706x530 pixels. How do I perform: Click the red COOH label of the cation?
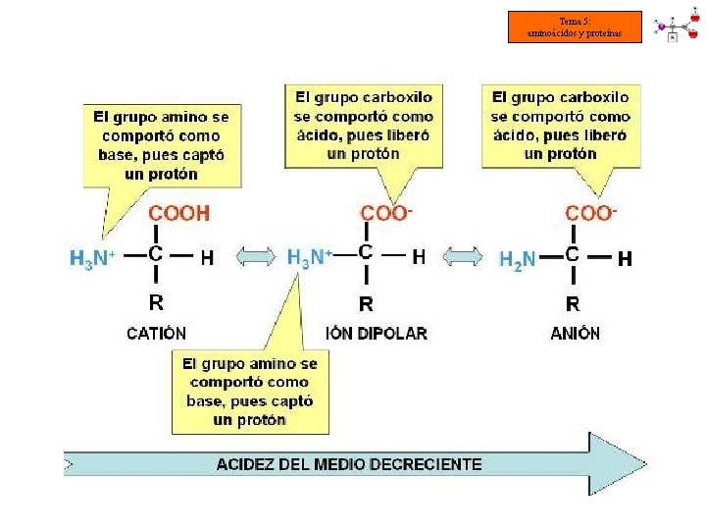tap(178, 213)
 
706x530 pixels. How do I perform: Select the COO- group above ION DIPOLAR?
tap(386, 213)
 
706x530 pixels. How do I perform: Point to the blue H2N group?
tap(518, 259)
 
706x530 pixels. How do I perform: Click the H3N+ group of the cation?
tap(93, 258)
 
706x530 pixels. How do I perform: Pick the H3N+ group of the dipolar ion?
tap(310, 258)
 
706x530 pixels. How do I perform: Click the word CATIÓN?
tap(157, 333)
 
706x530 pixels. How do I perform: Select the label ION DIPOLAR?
tap(377, 334)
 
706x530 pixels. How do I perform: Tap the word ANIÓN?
tap(575, 333)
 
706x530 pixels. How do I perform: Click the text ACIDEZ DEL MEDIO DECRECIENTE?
tap(349, 463)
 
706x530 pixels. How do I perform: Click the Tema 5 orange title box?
tap(575, 26)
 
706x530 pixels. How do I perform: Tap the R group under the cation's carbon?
tap(156, 301)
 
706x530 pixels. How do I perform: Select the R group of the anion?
tap(573, 303)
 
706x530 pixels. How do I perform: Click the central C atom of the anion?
tap(573, 253)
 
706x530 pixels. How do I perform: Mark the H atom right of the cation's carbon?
tap(207, 258)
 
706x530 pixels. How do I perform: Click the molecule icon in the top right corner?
tap(678, 26)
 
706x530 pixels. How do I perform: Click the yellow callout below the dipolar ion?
tap(250, 392)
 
